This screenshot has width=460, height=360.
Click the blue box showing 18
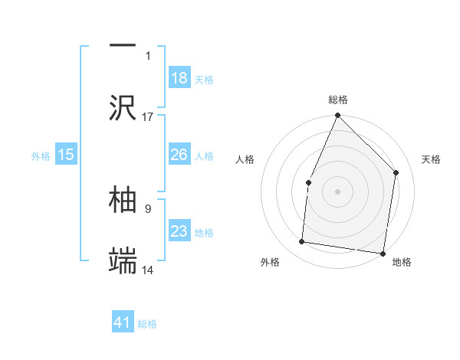179,78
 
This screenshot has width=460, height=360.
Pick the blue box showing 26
179,155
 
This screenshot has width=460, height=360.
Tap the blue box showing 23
179,231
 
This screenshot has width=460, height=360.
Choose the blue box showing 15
66,155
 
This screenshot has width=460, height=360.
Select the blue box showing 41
123,322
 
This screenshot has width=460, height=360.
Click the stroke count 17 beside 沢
148,117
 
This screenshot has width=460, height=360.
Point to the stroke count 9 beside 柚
146,206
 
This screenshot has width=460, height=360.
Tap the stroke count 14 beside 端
149,270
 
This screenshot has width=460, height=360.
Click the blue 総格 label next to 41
147,324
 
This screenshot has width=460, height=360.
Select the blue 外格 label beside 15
41,155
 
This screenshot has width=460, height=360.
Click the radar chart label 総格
338,100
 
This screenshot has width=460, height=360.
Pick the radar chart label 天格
432,159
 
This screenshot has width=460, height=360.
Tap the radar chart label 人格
245,159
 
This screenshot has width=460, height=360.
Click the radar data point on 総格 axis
337,116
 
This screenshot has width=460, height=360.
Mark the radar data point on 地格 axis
382,253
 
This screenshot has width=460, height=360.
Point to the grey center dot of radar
337,191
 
